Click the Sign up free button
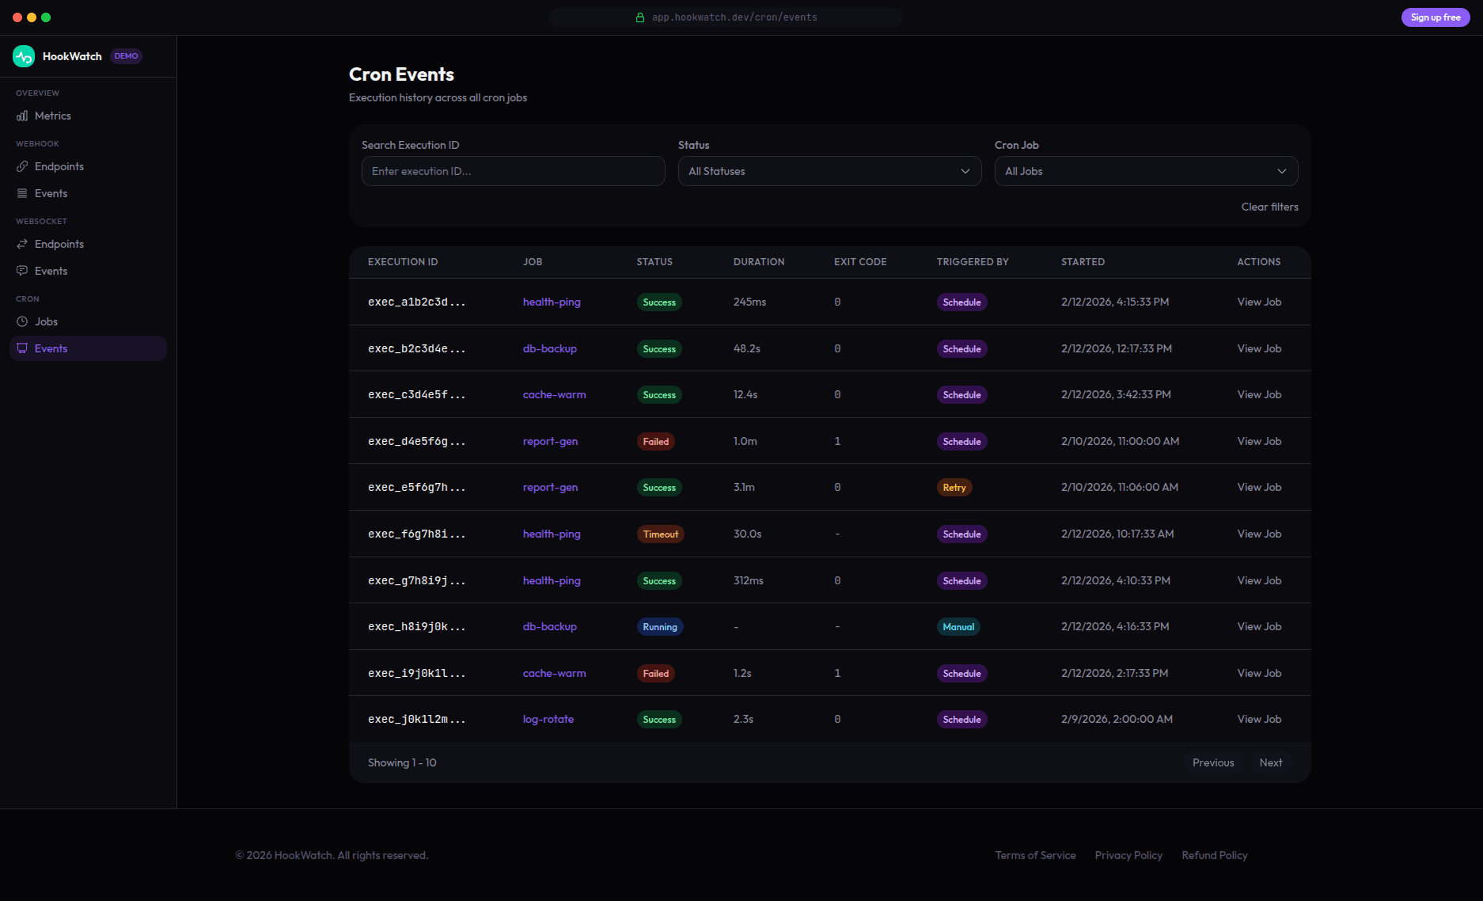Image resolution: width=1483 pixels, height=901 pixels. point(1435,17)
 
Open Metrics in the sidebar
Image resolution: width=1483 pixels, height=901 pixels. point(52,116)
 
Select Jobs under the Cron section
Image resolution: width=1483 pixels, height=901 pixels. point(46,321)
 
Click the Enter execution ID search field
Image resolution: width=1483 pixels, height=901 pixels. point(513,171)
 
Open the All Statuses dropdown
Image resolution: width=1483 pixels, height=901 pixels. point(829,171)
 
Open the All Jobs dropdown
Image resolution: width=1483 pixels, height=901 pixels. point(1146,171)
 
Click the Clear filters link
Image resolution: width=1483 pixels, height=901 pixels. point(1269,207)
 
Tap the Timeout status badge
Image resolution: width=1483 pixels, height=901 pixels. point(660,534)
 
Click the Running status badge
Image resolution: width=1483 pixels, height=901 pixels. point(659,627)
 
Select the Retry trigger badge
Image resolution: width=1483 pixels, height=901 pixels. point(954,488)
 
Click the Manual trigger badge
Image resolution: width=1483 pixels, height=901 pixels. point(958,627)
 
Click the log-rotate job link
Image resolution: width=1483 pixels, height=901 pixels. point(548,719)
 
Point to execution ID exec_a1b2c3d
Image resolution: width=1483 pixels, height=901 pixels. point(416,302)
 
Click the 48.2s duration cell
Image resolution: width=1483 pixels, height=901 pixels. point(746,348)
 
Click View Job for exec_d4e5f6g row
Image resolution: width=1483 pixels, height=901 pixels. point(1258,441)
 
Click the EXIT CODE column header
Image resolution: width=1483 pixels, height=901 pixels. point(859,262)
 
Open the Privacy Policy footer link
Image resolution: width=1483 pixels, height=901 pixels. point(1128,855)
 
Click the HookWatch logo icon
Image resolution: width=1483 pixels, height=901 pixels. point(24,56)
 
